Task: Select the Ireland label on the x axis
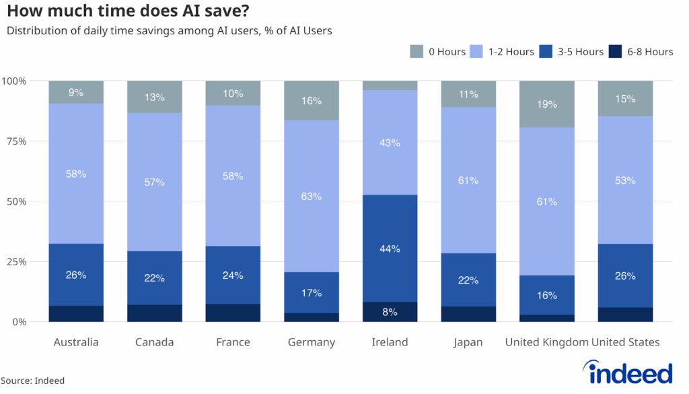pos(390,342)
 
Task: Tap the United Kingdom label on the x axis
pos(546,342)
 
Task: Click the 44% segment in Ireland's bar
pos(390,249)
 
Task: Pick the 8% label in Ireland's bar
pos(390,312)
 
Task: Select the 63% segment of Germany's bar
pos(312,197)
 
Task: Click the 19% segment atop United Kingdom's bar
pos(546,104)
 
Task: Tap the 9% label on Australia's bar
pos(76,93)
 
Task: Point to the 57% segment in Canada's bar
pos(154,182)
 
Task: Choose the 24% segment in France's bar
pos(233,275)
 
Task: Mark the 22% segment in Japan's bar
pos(468,280)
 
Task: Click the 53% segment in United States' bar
pos(625,180)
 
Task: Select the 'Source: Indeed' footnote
pos(33,381)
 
